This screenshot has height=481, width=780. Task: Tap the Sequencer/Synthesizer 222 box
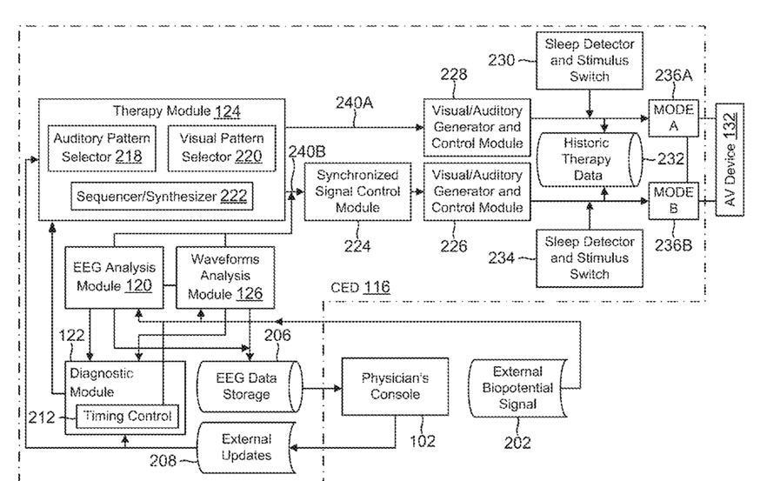(161, 197)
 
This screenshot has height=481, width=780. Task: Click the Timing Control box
(129, 416)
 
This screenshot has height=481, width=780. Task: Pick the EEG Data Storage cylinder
(249, 387)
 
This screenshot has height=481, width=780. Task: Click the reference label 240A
(354, 104)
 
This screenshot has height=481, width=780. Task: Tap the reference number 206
(278, 336)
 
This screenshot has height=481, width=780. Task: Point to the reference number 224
(356, 247)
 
